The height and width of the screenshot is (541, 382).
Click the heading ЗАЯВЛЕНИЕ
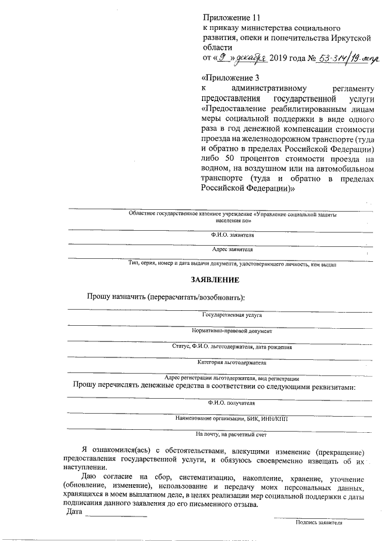click(x=215, y=279)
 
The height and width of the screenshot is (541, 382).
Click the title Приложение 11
click(x=232, y=18)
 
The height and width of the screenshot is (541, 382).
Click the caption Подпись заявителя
click(x=319, y=522)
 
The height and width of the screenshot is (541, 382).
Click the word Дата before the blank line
click(x=74, y=512)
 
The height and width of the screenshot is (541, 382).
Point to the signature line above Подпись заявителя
click(x=319, y=516)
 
